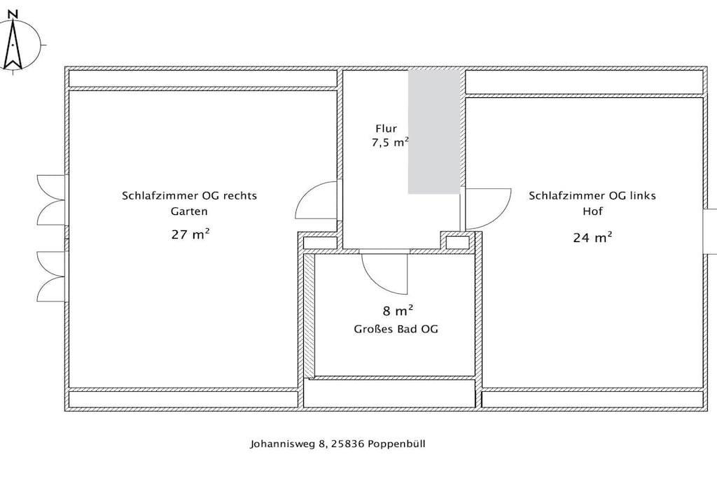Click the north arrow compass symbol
[x=13, y=45]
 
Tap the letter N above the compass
[x=13, y=14]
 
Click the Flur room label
[x=386, y=129]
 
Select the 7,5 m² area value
[x=390, y=143]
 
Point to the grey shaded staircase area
[x=434, y=131]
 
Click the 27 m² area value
[x=190, y=234]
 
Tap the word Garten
[x=189, y=211]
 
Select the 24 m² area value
[x=592, y=238]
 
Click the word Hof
[x=592, y=211]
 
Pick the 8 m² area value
[x=398, y=311]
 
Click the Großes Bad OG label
[x=396, y=329]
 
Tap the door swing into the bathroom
[x=384, y=274]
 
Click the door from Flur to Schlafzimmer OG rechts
[x=317, y=200]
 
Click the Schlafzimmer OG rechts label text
[x=189, y=195]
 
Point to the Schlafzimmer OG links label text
[x=592, y=195]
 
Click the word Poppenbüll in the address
[x=396, y=444]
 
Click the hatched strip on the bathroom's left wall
[x=309, y=316]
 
